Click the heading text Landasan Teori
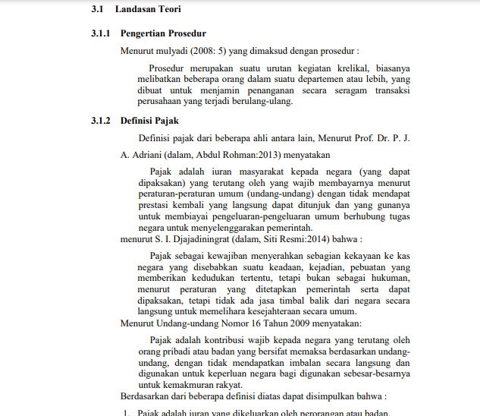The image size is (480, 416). click(148, 9)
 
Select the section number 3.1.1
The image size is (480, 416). click(101, 33)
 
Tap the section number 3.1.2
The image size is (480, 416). click(101, 121)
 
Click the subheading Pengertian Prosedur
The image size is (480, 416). click(163, 33)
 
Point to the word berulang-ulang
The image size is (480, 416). click(265, 102)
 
